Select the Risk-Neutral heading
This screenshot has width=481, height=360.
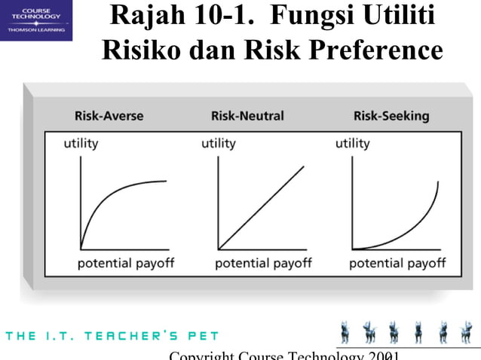[x=247, y=116]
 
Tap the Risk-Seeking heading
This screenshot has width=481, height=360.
[x=391, y=116]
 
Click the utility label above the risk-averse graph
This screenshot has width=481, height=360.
[x=81, y=143]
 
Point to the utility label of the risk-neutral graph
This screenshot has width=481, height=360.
[x=218, y=143]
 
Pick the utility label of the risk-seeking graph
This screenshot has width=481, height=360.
[x=352, y=143]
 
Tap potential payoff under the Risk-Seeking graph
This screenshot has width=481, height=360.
[x=397, y=263]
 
